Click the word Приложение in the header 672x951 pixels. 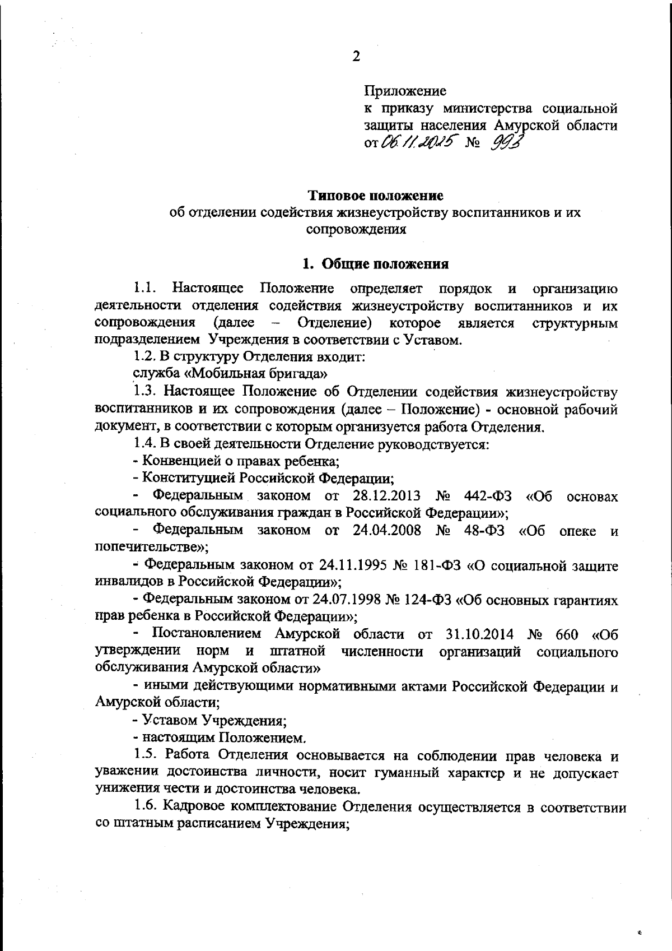pyautogui.click(x=405, y=91)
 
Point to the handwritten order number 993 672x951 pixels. pyautogui.click(x=507, y=143)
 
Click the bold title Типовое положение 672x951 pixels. pyautogui.click(x=376, y=196)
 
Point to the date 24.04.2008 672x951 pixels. pyautogui.click(x=387, y=530)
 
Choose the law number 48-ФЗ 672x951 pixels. pyautogui.click(x=484, y=530)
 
